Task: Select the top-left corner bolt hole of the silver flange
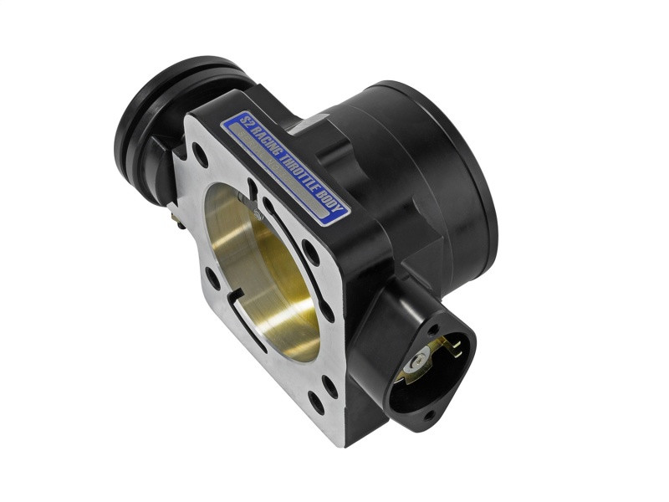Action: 200,155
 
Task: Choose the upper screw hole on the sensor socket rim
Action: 433,329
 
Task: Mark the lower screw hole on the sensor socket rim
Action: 428,414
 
